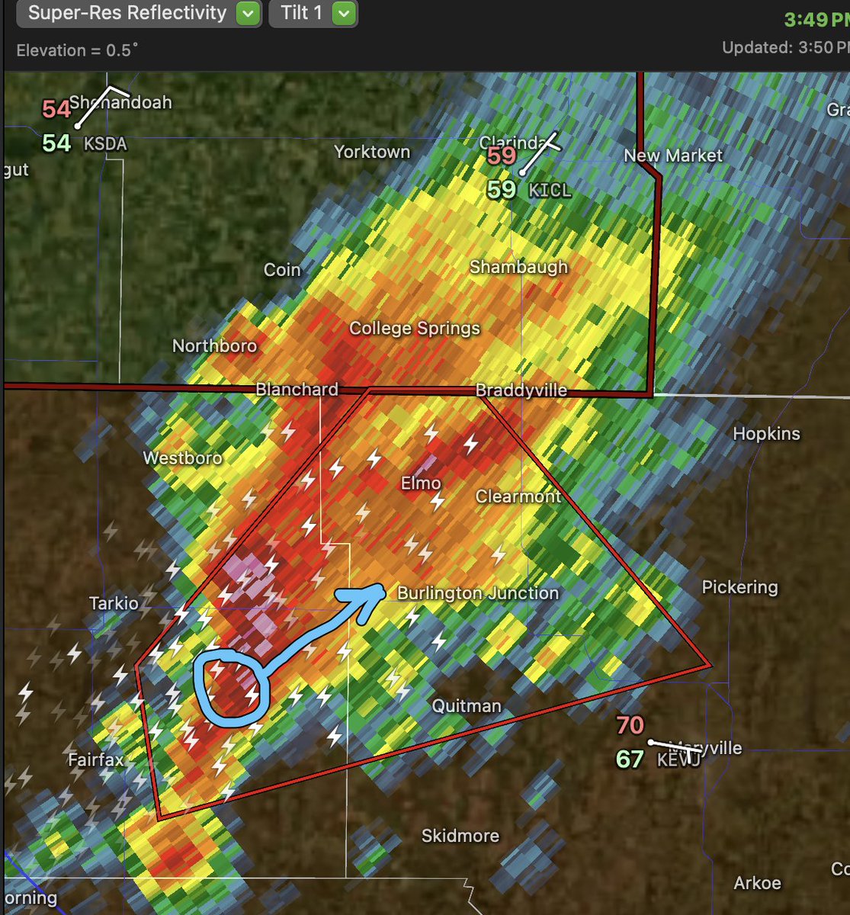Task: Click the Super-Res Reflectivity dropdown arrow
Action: click(x=248, y=14)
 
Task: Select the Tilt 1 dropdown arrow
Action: click(x=345, y=14)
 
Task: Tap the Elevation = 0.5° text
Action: click(x=78, y=50)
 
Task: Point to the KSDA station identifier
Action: click(x=105, y=143)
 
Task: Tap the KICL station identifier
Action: click(x=550, y=189)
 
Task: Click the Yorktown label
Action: click(x=372, y=152)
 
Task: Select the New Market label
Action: click(x=673, y=156)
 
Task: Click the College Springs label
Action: click(x=415, y=328)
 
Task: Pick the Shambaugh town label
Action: click(x=518, y=267)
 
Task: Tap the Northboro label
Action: click(x=214, y=346)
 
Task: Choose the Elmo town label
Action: click(x=421, y=483)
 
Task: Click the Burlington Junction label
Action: click(x=478, y=593)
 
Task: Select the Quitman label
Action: click(x=467, y=706)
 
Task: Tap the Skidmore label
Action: click(x=460, y=836)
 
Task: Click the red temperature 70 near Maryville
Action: click(x=630, y=724)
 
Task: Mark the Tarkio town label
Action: click(x=114, y=604)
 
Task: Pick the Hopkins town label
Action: click(x=766, y=434)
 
